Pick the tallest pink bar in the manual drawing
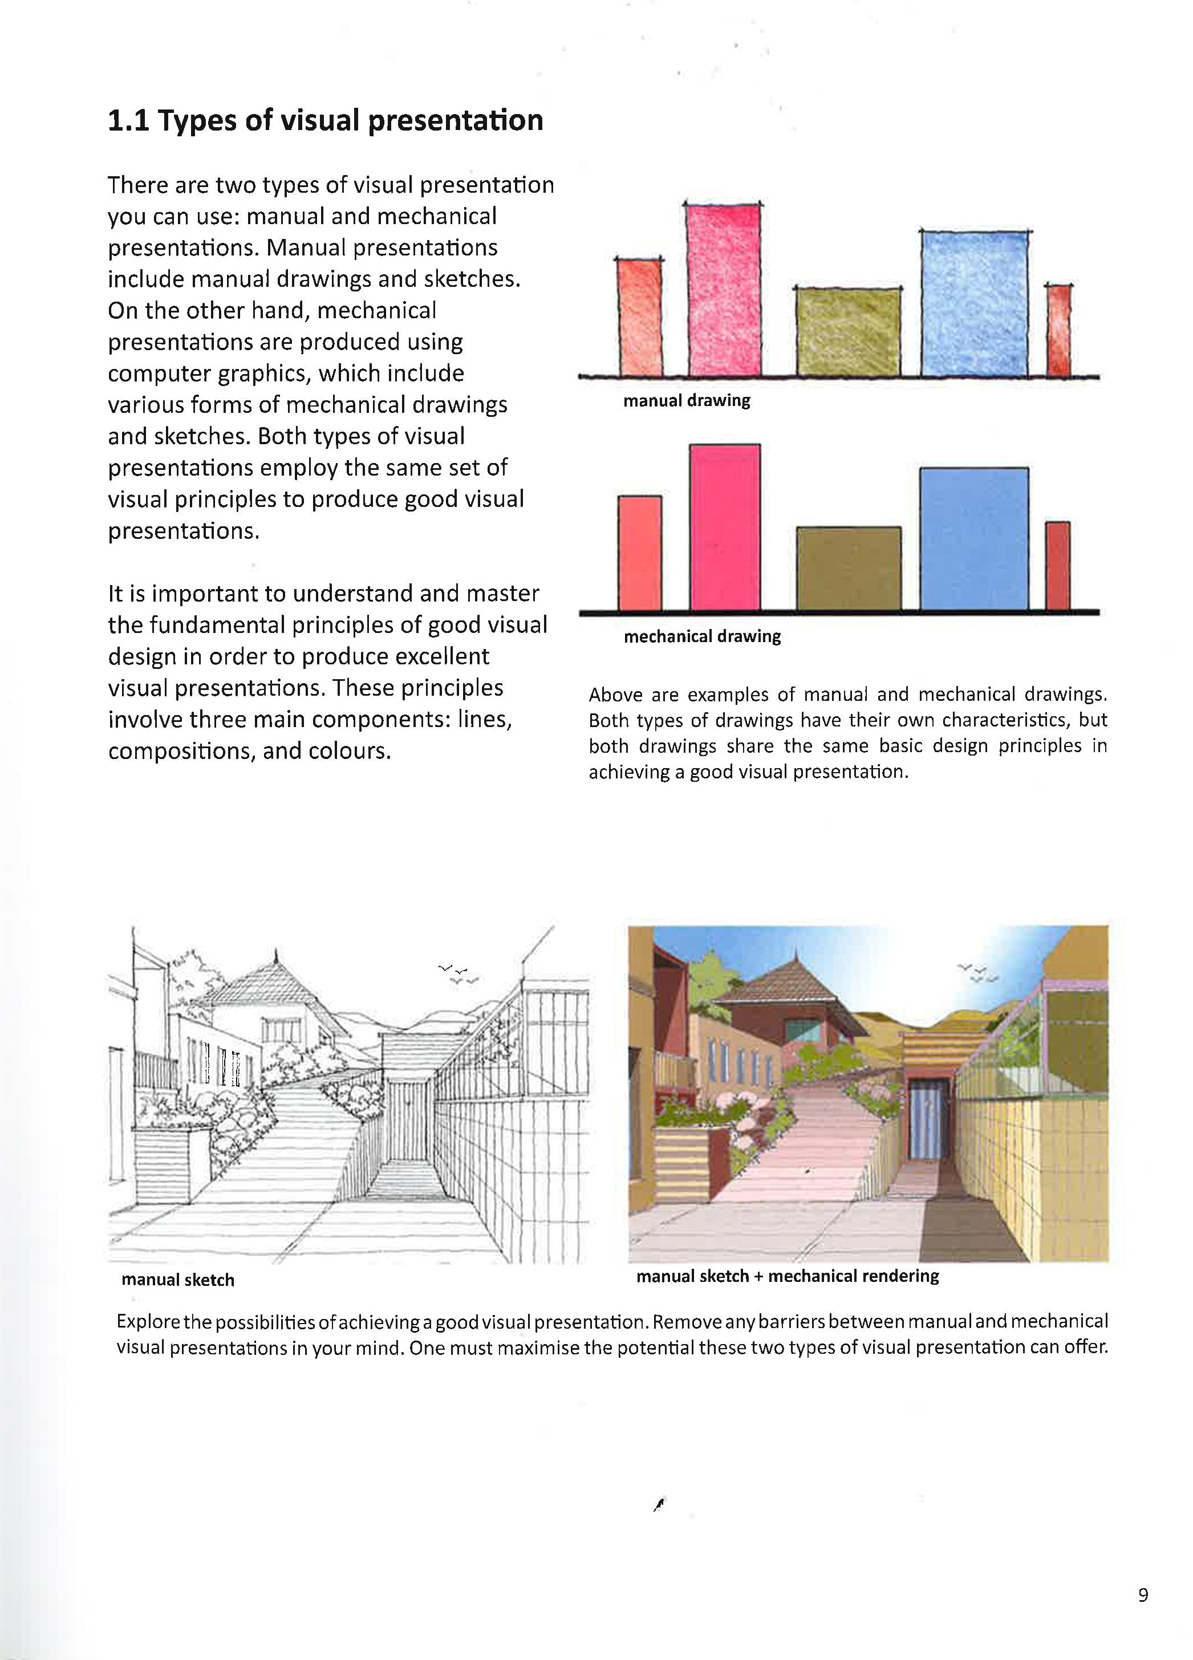point(723,289)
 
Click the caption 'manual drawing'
point(686,400)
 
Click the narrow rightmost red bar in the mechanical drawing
point(1057,565)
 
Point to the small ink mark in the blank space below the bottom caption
point(659,1505)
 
